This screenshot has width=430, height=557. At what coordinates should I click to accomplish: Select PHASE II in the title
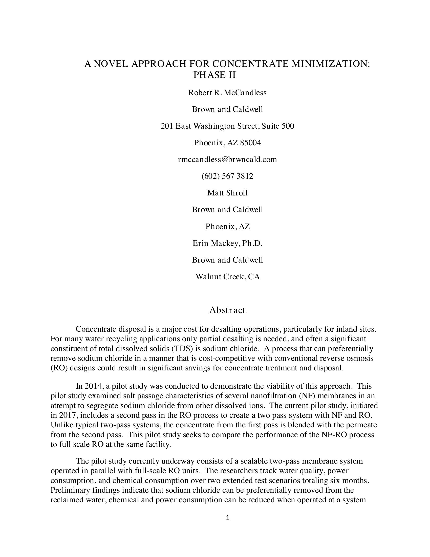(x=214, y=75)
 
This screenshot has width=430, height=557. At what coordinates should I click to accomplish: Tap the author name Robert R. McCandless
(x=227, y=93)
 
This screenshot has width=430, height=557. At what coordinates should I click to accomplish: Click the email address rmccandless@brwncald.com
(x=227, y=160)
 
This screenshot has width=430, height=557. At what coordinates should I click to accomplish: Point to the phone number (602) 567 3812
(x=227, y=176)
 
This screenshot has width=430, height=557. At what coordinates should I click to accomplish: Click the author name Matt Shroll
(x=227, y=193)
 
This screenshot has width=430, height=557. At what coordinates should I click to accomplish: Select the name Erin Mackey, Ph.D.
(x=227, y=243)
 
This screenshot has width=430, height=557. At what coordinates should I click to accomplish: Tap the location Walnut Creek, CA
(x=227, y=277)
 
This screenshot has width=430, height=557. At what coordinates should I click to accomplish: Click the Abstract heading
(x=227, y=310)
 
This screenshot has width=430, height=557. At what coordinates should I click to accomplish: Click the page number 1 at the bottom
(x=228, y=518)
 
